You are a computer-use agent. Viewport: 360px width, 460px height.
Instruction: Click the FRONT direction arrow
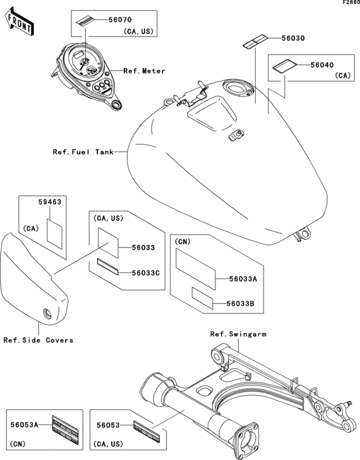(19, 22)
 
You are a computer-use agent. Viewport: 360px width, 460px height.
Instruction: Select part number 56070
(120, 20)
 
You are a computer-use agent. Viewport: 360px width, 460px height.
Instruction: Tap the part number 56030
(293, 38)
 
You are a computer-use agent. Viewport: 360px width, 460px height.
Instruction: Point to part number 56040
(322, 65)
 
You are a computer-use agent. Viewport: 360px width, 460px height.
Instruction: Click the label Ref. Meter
(144, 71)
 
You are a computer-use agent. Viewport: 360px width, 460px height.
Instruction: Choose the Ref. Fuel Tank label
(83, 152)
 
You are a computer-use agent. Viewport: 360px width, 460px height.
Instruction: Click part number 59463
(50, 202)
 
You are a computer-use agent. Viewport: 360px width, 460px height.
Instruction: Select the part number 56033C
(146, 273)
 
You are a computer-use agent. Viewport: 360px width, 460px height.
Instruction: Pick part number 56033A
(243, 279)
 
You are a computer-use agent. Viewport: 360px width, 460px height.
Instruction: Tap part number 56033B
(240, 304)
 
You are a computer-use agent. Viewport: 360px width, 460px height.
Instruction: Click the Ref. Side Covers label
(39, 341)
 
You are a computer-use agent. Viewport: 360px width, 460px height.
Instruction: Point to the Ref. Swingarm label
(239, 334)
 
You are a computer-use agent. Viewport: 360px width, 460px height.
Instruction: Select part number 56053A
(24, 425)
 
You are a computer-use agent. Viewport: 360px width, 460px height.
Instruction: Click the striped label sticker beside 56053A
(65, 430)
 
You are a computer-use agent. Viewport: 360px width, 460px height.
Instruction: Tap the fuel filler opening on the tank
(237, 88)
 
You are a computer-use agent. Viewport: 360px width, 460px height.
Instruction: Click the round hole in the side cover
(48, 314)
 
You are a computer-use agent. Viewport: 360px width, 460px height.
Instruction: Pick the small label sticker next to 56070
(84, 21)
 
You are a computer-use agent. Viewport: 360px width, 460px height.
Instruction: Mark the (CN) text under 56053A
(17, 444)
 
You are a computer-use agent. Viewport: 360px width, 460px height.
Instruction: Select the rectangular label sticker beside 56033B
(203, 298)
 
